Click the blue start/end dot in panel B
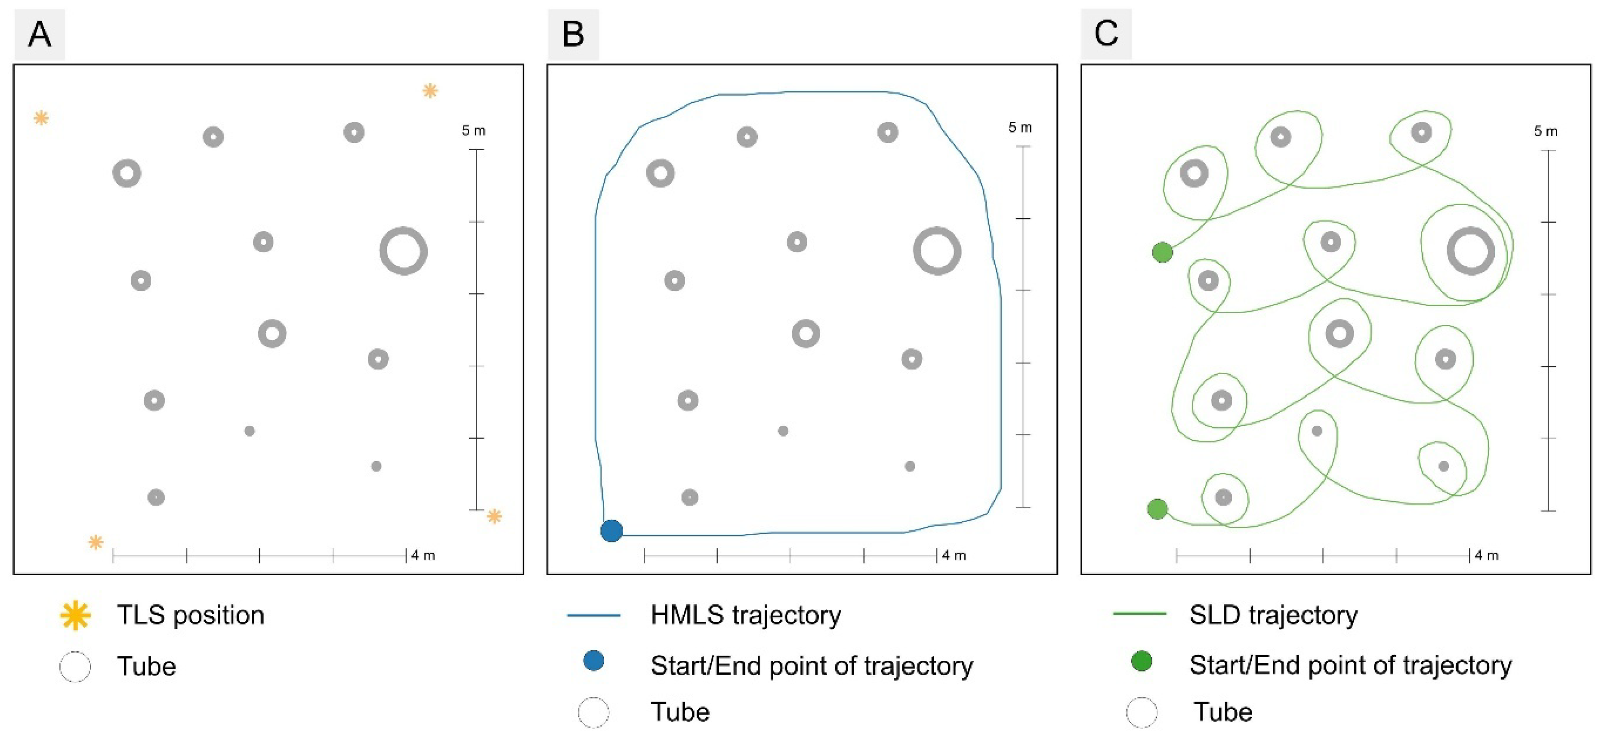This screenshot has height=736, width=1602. pyautogui.click(x=611, y=531)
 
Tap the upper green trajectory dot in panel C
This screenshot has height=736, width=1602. pyautogui.click(x=1162, y=253)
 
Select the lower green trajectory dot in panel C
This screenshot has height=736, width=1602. pyautogui.click(x=1158, y=509)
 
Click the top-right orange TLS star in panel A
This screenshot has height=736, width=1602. pyautogui.click(x=430, y=91)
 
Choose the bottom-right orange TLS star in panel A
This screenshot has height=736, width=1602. pyautogui.click(x=494, y=516)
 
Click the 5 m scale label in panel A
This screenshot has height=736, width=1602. pyautogui.click(x=473, y=130)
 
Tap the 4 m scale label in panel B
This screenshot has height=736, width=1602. pyautogui.click(x=954, y=555)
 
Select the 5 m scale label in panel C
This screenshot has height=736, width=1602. pyautogui.click(x=1545, y=131)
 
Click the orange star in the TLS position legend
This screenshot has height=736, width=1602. pyautogui.click(x=75, y=616)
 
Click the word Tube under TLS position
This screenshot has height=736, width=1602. pyautogui.click(x=146, y=666)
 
